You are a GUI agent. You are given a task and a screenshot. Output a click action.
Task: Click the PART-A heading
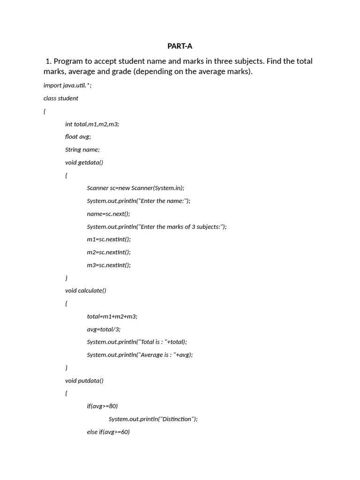coord(180,46)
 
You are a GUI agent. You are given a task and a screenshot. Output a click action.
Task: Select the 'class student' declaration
coord(61,98)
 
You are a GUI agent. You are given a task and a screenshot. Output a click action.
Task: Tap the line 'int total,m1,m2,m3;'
coord(92,124)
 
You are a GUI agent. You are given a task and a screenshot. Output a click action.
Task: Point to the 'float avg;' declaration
coord(78,137)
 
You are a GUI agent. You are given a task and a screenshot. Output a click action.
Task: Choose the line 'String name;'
coord(82,150)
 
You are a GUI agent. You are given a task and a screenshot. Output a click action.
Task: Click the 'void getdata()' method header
coord(84,163)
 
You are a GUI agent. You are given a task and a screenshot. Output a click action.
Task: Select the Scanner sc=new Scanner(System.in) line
coord(135,188)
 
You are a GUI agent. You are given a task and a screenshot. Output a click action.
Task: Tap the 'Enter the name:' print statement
coord(139,201)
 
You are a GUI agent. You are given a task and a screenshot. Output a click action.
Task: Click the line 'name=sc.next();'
coord(108,214)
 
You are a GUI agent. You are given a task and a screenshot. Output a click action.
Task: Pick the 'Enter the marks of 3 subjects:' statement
coord(157,227)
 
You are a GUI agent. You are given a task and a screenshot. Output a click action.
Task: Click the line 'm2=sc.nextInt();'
coord(109,252)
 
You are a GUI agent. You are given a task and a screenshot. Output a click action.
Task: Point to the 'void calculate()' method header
coord(86,291)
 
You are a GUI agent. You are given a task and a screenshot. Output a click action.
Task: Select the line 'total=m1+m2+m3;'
coord(112,316)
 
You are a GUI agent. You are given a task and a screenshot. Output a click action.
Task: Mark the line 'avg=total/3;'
coord(104,329)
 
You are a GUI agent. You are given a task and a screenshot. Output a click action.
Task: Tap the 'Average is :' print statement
coord(140,355)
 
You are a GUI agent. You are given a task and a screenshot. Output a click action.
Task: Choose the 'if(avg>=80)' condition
coord(102,406)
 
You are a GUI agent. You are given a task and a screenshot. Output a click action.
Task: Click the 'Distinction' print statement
coord(153,419)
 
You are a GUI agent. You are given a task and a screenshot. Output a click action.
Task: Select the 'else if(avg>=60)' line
coord(108,432)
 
